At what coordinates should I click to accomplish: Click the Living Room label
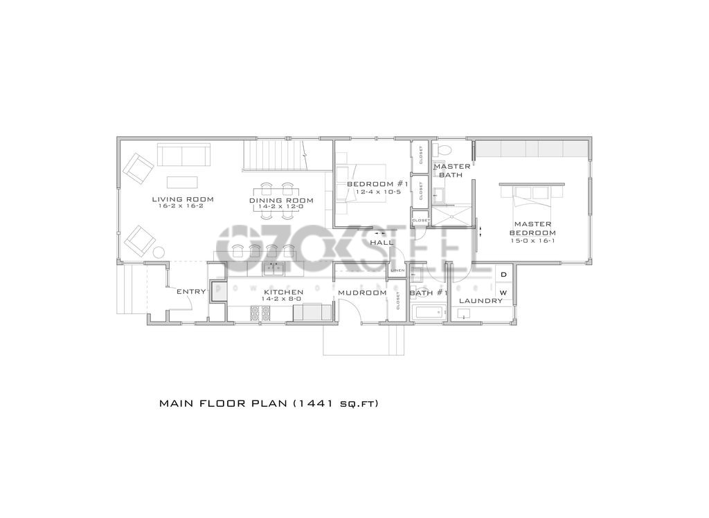click(x=183, y=199)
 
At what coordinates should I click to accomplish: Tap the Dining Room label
click(x=281, y=201)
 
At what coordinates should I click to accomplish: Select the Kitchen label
click(x=282, y=292)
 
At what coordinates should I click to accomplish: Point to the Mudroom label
click(x=361, y=293)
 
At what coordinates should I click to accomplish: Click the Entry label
click(x=191, y=292)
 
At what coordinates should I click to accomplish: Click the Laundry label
click(x=481, y=301)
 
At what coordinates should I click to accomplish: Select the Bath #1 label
click(x=429, y=293)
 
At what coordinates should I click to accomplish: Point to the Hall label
click(x=382, y=243)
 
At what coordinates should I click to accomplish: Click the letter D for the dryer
click(x=503, y=275)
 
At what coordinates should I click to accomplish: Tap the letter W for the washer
click(x=503, y=293)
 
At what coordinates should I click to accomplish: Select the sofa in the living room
click(x=184, y=155)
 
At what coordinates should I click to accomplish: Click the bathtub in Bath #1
click(x=428, y=313)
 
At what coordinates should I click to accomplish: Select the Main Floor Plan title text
click(x=269, y=403)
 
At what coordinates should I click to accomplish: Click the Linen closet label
click(x=397, y=270)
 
